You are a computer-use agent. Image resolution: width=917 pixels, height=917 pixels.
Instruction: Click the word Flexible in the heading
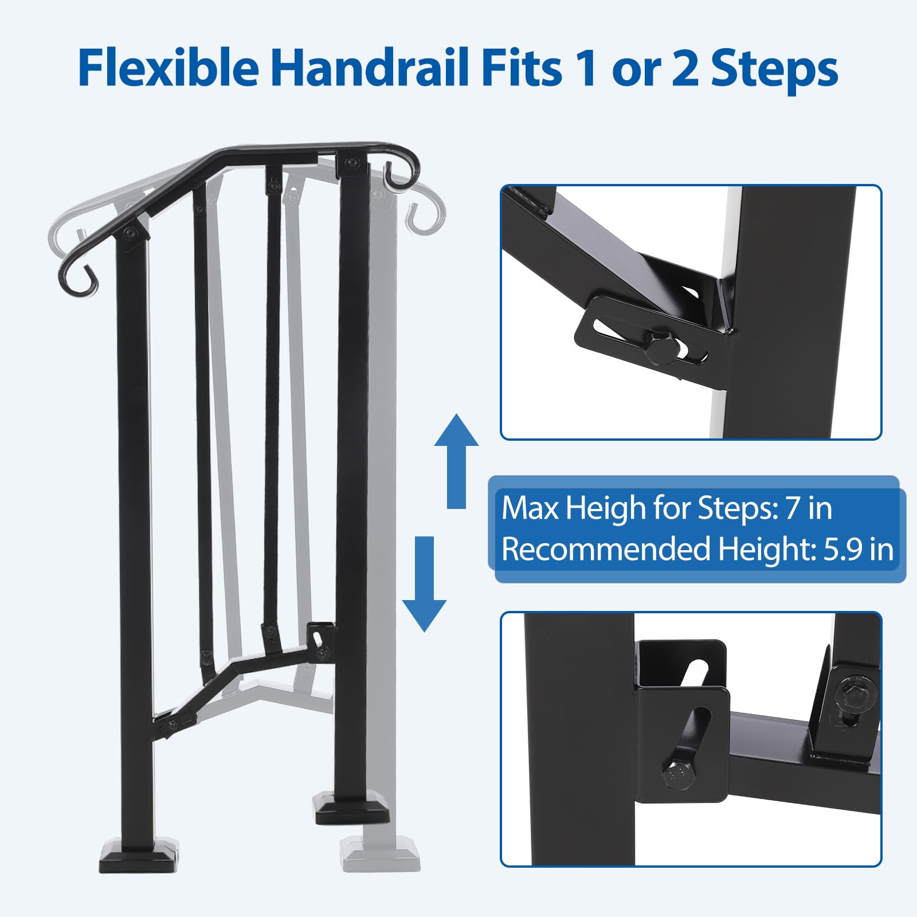[168, 68]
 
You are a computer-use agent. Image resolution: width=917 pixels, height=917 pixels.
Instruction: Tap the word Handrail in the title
[374, 68]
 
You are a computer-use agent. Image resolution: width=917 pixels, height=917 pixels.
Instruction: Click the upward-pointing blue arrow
[456, 461]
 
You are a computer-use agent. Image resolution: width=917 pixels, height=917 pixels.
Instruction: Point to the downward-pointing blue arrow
[424, 584]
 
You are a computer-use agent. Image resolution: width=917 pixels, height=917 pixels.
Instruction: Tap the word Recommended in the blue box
[606, 549]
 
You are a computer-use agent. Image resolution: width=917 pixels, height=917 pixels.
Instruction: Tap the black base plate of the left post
[139, 856]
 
